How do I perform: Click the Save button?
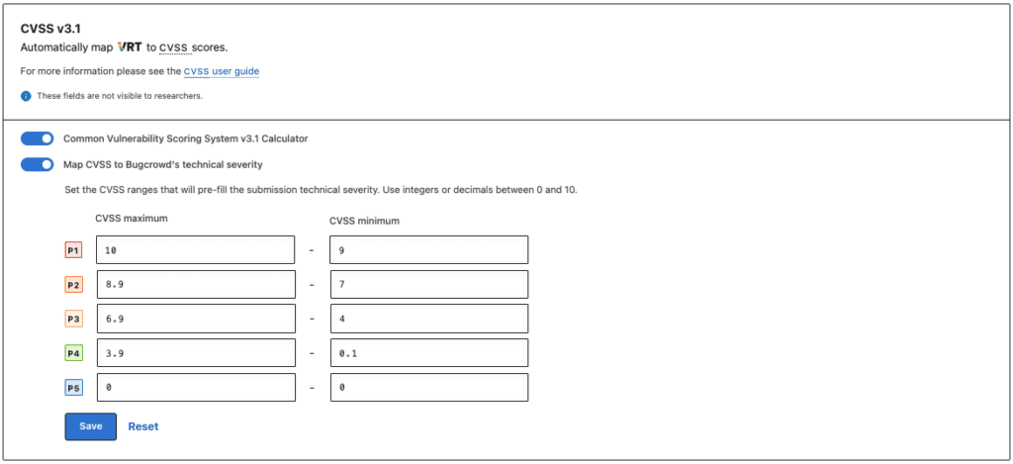tap(90, 426)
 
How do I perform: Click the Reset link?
tap(142, 426)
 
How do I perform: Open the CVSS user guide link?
tap(222, 71)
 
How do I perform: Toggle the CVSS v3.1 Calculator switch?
tap(37, 139)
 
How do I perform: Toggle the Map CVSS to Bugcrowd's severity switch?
tap(37, 164)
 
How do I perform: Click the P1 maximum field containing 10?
tap(195, 250)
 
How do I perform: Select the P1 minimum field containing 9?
tap(428, 250)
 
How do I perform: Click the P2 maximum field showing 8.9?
tap(195, 285)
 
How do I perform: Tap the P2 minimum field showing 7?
tap(428, 285)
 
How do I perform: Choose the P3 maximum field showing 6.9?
tap(195, 319)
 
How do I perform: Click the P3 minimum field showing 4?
tap(428, 319)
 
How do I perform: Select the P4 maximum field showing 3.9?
tap(195, 353)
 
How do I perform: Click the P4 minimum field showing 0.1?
tap(428, 353)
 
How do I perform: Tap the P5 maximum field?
tap(195, 388)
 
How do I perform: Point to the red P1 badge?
tap(73, 250)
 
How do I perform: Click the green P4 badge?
tap(73, 353)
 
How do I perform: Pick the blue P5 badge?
tap(73, 388)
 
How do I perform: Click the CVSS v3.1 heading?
tap(50, 29)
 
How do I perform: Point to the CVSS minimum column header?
tap(363, 220)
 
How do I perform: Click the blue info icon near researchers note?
tap(26, 96)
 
